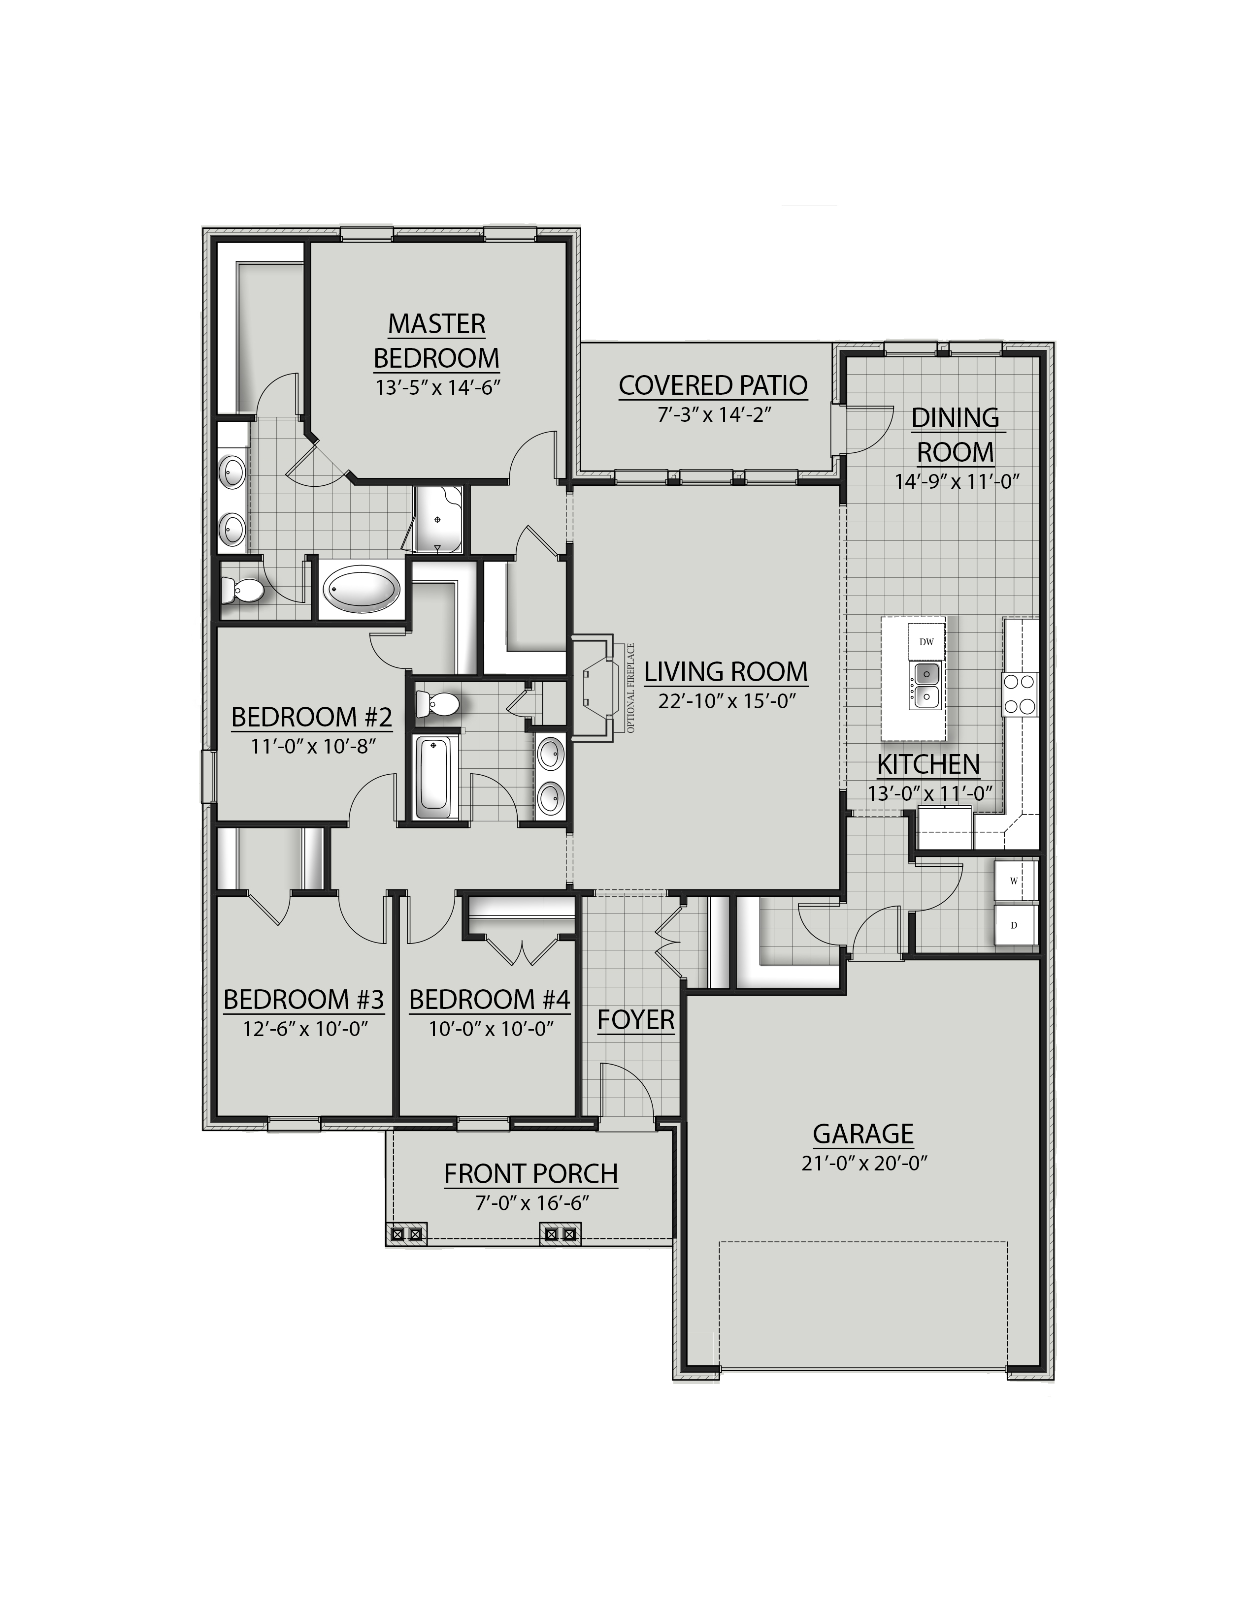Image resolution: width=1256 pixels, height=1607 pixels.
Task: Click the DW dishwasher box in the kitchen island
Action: click(925, 642)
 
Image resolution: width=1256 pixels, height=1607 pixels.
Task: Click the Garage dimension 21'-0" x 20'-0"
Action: click(863, 1164)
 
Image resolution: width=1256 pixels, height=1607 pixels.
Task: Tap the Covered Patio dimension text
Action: click(713, 414)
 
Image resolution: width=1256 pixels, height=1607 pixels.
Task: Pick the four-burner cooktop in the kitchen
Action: click(1019, 694)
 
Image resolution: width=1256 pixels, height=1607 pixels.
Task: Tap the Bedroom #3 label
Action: click(303, 1000)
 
